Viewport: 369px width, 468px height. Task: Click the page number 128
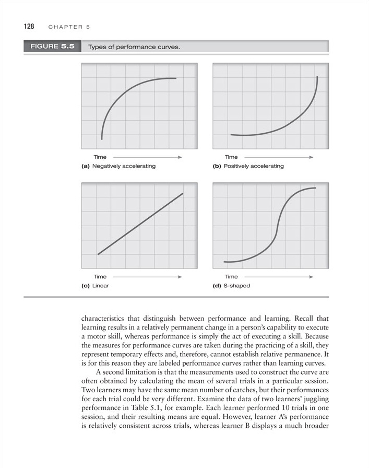coord(29,26)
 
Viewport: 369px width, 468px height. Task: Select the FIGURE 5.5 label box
coord(52,46)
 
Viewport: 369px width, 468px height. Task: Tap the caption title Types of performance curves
coord(134,47)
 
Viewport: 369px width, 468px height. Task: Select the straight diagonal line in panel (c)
coord(140,224)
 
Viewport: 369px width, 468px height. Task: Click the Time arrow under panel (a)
coord(147,157)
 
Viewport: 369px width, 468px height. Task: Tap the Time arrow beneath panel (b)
coord(279,157)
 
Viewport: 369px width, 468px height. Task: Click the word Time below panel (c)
coord(100,277)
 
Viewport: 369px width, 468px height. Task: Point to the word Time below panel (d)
coord(231,277)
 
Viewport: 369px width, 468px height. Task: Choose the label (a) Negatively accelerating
coord(118,166)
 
